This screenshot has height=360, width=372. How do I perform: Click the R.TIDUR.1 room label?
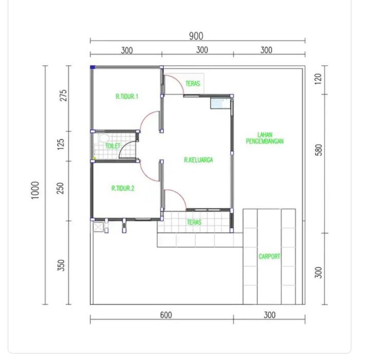pos(127,96)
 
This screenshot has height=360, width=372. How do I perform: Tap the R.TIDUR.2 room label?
pos(123,188)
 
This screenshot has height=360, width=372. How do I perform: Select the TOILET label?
pos(113,146)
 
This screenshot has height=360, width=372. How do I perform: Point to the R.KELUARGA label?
pos(198,160)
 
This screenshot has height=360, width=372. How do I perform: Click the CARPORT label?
pos(269,257)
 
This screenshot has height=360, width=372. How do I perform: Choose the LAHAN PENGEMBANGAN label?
pos(265,138)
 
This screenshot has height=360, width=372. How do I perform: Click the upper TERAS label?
pos(193,84)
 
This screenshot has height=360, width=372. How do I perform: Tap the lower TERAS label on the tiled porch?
pos(194,222)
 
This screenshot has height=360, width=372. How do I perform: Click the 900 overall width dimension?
pos(196,36)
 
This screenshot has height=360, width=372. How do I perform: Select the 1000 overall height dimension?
pos(35,190)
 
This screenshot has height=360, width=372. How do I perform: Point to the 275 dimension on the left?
pos(63,96)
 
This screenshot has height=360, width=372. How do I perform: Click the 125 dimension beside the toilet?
pos(61,144)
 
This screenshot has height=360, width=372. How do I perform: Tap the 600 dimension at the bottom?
pos(166,315)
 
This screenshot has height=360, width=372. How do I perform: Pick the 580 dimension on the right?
pos(319,150)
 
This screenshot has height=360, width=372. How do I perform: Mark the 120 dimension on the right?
pos(318,79)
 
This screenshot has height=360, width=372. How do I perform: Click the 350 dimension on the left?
pos(61,265)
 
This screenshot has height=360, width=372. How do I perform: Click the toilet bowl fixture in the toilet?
pos(103,138)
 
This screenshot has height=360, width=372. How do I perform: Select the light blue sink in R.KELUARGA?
pos(220,103)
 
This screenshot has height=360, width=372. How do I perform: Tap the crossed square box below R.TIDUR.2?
pos(98,227)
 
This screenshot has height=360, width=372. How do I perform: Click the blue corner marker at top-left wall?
pos(92,67)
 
